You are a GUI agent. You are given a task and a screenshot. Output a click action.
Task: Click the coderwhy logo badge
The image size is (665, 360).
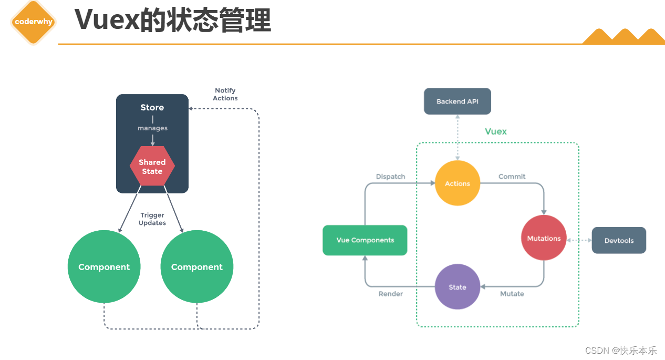pyautogui.click(x=34, y=22)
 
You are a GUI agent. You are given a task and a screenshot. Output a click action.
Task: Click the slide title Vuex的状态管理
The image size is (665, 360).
pyautogui.click(x=172, y=20)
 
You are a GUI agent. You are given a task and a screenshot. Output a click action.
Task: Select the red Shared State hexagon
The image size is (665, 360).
pyautogui.click(x=152, y=167)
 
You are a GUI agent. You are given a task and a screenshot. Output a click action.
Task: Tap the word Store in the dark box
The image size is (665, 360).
pyautogui.click(x=152, y=107)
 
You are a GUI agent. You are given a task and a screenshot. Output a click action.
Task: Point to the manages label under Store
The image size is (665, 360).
pyautogui.click(x=152, y=128)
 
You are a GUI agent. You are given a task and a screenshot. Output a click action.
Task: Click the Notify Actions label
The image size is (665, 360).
pyautogui.click(x=225, y=95)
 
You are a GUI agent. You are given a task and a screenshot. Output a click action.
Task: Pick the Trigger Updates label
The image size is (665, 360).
pyautogui.click(x=152, y=219)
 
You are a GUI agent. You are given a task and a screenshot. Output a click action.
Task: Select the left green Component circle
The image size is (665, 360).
pyautogui.click(x=104, y=267)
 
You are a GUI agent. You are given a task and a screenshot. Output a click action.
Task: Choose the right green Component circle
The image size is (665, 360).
pyautogui.click(x=197, y=267)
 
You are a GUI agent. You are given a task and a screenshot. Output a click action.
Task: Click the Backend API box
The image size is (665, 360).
pyautogui.click(x=458, y=101)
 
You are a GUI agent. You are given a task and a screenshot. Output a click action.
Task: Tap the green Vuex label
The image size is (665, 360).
pyautogui.click(x=496, y=131)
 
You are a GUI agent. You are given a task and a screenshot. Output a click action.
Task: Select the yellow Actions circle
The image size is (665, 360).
pyautogui.click(x=458, y=183)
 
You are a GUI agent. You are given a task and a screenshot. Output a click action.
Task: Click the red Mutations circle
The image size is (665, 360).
pyautogui.click(x=544, y=238)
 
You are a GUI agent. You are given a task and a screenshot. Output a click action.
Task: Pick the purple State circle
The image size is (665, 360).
pyautogui.click(x=458, y=287)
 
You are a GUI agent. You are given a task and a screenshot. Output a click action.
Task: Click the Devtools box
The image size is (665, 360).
pyautogui.click(x=619, y=241)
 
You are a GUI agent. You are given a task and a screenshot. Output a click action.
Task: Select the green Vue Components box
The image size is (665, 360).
pyautogui.click(x=365, y=240)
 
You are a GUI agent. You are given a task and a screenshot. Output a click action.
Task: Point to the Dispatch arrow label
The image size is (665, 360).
pyautogui.click(x=390, y=177)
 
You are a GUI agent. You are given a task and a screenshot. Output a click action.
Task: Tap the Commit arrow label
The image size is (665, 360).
pyautogui.click(x=512, y=177)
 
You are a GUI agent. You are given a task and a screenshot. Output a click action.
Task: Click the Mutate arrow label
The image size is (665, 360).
pyautogui.click(x=512, y=294)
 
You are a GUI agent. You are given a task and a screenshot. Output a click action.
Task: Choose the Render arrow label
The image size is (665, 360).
pyautogui.click(x=390, y=294)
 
